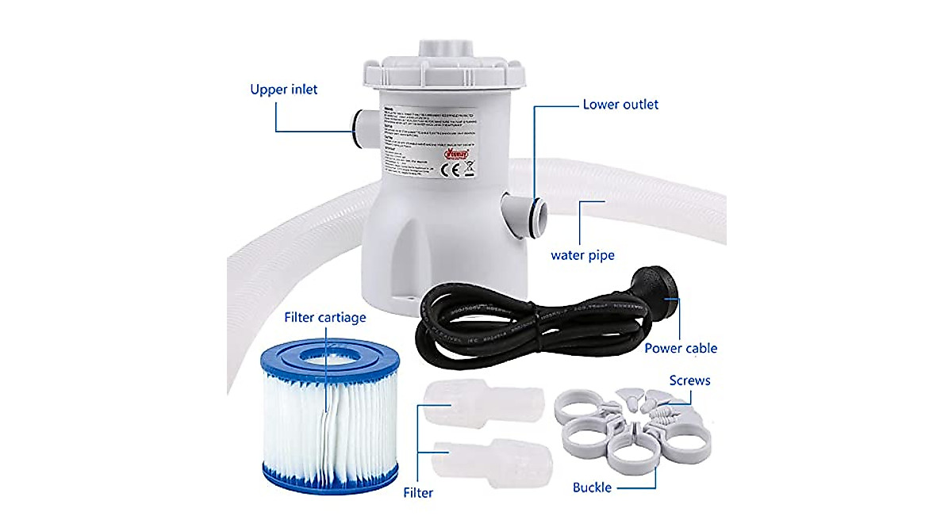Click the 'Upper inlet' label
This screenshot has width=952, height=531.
coord(283,90)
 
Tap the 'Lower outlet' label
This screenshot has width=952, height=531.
coord(620,105)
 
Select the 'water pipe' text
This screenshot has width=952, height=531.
coord(582,255)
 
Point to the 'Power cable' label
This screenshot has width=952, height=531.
coord(680,348)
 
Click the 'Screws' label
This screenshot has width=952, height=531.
coord(689,380)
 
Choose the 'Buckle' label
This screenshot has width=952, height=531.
coord(592,487)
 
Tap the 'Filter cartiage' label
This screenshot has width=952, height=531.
coord(324,318)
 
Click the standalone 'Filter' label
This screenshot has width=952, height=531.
coord(417,493)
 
